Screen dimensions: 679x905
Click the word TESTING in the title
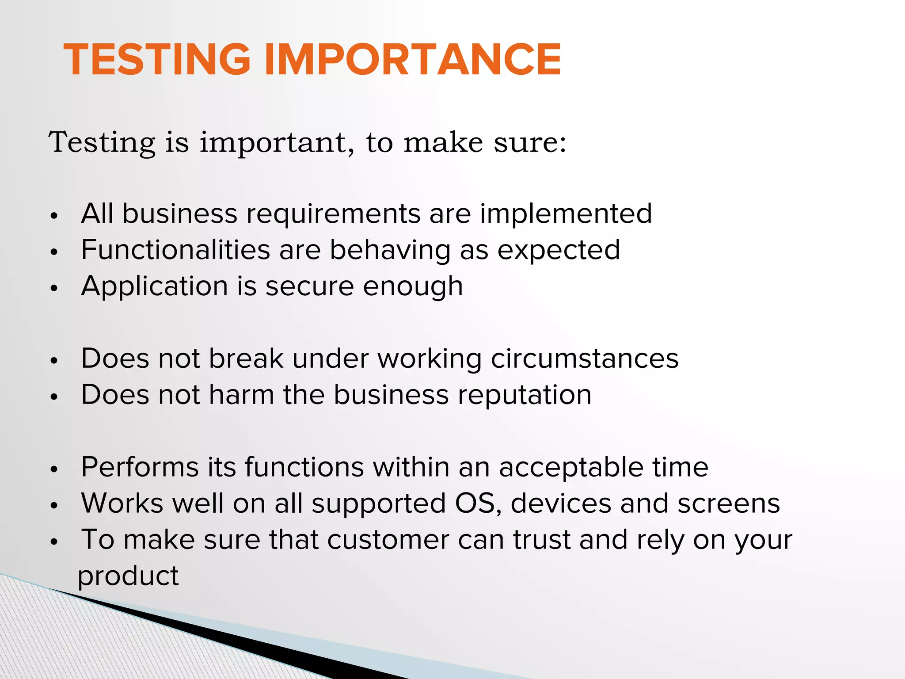pos(157,60)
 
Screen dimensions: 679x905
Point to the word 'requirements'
pos(333,214)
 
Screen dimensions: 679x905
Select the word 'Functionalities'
pos(175,250)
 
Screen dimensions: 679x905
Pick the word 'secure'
pos(309,286)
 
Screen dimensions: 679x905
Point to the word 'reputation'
pos(524,396)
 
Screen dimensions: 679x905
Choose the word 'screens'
pos(729,504)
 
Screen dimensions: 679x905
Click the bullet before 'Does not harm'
pos(54,397)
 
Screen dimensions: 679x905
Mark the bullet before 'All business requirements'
pos(54,216)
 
